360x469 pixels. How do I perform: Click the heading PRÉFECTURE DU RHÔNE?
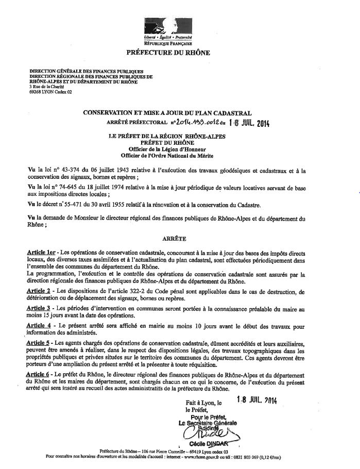pos(168,53)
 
